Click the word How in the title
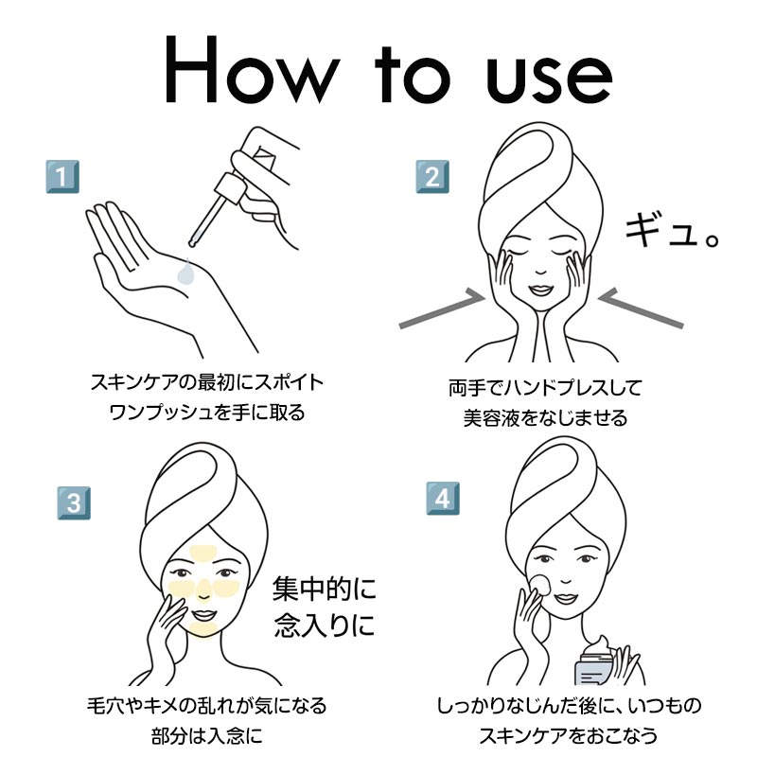coord(252,69)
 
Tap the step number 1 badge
coord(62,177)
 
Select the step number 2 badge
coord(432,177)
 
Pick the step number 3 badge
coord(74,503)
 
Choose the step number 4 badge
coord(443,499)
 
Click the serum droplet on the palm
coord(185,273)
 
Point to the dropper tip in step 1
coord(193,244)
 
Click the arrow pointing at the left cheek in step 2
coord(442,309)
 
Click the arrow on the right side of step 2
coord(642,308)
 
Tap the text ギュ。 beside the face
coord(672,231)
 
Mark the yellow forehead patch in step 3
coord(203,554)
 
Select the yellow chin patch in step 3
coord(203,628)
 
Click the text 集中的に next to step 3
coord(324,589)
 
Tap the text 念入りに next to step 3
coord(324,625)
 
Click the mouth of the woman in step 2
coord(540,290)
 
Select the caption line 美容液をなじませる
coord(546,418)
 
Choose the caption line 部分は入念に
coord(207,737)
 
